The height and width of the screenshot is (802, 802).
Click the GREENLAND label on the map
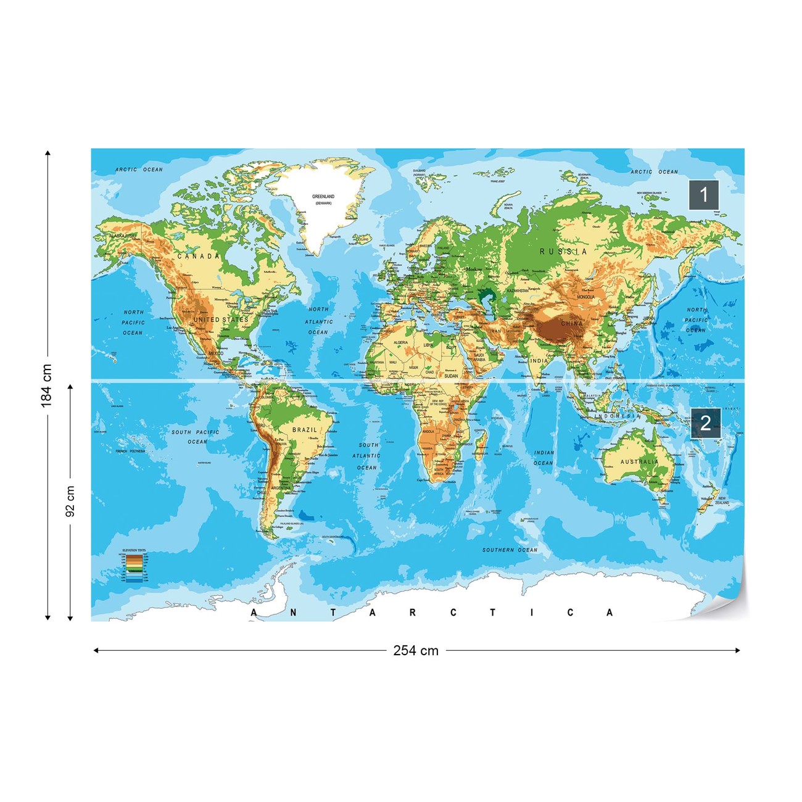[323, 197]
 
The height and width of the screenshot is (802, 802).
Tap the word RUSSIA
[563, 252]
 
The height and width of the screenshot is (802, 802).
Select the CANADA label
[199, 256]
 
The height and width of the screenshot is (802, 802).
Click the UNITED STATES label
[221, 320]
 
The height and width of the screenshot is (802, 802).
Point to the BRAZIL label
[305, 429]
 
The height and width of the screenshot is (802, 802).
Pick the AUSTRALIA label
[639, 461]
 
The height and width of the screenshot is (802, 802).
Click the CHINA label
[572, 323]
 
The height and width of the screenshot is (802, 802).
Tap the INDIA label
[539, 361]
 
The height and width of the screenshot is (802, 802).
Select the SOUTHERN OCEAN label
[510, 550]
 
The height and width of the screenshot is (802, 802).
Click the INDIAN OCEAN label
[544, 458]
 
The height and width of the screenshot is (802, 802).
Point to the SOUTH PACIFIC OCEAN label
[196, 437]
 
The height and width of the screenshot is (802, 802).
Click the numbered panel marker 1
[704, 195]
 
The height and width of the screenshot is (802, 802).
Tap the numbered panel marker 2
[705, 423]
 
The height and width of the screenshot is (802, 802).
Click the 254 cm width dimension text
[416, 650]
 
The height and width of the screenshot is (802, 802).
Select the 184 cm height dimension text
[46, 386]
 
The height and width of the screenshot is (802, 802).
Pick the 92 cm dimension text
[70, 501]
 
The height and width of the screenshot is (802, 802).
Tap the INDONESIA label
[617, 416]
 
